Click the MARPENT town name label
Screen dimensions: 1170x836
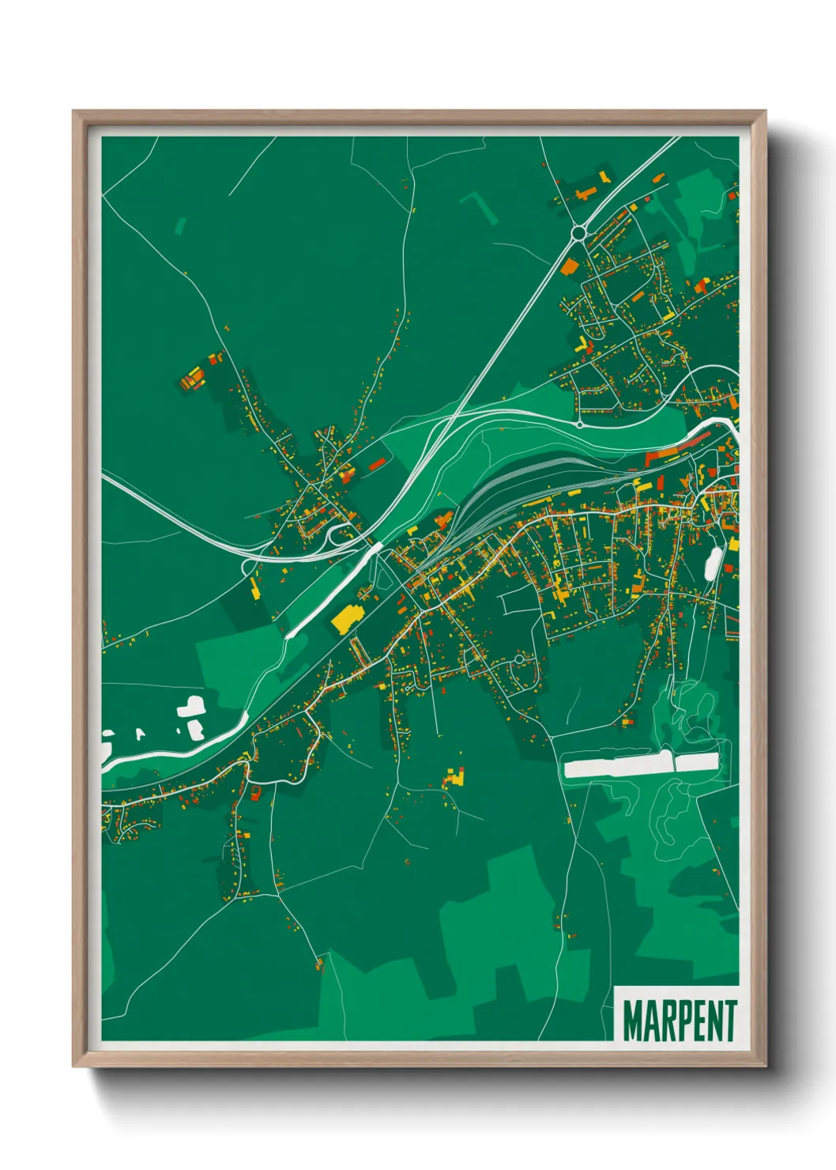679,1021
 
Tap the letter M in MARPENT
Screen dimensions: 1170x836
633,1021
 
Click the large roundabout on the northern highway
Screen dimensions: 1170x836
579,232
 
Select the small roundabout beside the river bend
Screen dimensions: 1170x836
580,425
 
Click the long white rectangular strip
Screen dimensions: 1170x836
641,765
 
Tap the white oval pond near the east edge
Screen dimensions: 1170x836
713,562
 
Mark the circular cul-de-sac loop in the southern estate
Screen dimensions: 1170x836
518,659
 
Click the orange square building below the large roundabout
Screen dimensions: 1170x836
568,266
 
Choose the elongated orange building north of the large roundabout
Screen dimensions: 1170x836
586,192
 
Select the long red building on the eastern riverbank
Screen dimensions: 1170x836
668,455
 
